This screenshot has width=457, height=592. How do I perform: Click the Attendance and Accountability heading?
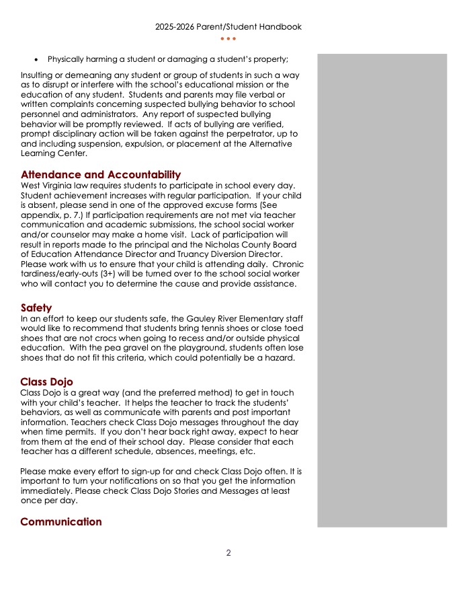101,175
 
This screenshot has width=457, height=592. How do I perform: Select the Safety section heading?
36,307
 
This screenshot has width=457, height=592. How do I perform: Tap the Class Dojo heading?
47,382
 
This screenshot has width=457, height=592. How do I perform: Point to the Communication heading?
61,522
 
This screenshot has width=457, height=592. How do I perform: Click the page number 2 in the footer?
229,553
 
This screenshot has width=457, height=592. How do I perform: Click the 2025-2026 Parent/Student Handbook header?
229,27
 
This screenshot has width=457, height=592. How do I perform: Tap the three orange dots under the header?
229,39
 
